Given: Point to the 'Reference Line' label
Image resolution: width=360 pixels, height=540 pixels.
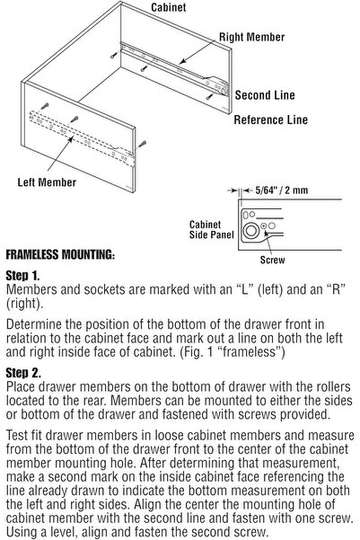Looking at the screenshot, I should (x=270, y=120).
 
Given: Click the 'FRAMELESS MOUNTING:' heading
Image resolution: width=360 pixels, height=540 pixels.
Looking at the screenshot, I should (x=60, y=254).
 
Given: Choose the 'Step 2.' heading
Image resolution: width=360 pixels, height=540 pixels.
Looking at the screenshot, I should (x=23, y=370).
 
